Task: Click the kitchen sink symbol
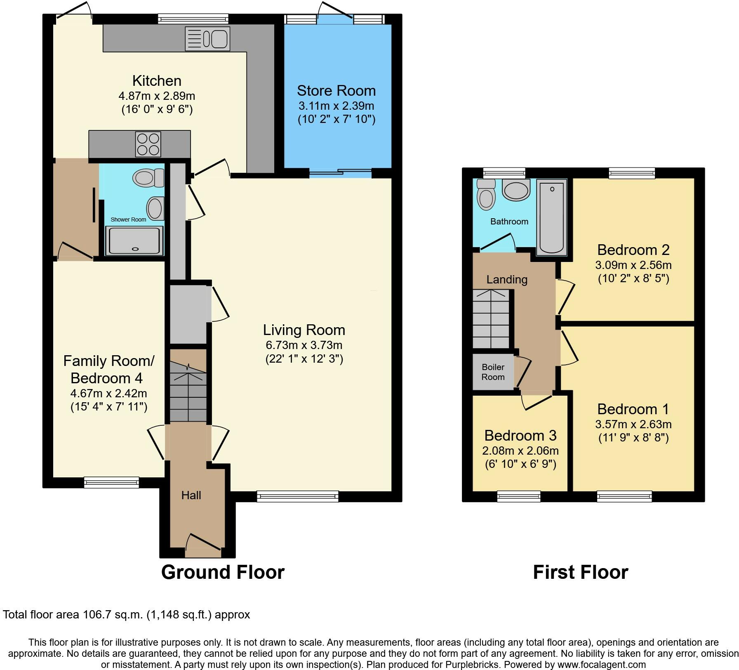click(x=207, y=38)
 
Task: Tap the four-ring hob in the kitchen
click(x=148, y=144)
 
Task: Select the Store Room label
click(x=336, y=90)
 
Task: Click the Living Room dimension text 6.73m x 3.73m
click(x=304, y=345)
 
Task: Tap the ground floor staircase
click(x=188, y=392)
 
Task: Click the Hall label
click(x=191, y=495)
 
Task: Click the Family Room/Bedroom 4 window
click(x=111, y=482)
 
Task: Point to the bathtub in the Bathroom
click(x=551, y=217)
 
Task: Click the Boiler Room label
click(x=493, y=372)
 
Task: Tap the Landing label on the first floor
click(x=507, y=279)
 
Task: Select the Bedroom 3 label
click(x=520, y=435)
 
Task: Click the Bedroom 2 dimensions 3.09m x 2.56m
click(x=633, y=265)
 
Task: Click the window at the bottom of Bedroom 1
click(x=624, y=496)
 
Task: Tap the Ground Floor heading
click(x=223, y=572)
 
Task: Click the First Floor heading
click(x=580, y=572)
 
